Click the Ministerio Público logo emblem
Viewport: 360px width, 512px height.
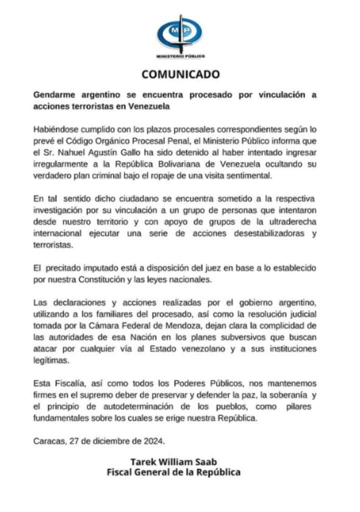(180, 34)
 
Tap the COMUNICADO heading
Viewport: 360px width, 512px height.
(180, 74)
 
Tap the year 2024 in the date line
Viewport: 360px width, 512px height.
(151, 441)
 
